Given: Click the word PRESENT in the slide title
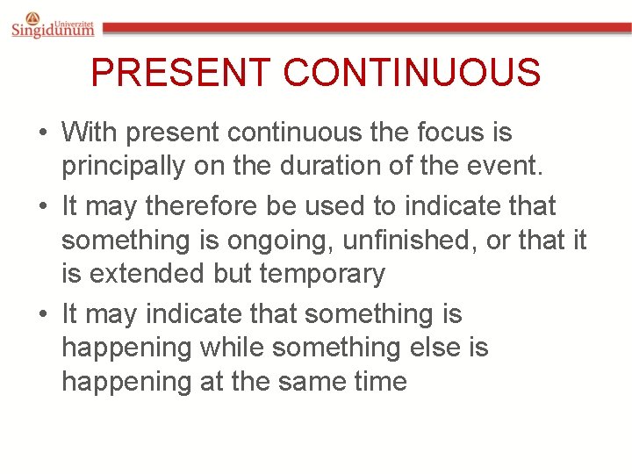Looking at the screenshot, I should point(181,73).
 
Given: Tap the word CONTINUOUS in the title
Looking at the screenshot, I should point(412,73).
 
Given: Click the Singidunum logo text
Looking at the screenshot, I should point(53,30).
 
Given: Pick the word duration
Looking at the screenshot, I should point(327,166).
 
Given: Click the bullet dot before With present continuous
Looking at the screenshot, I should point(42,134).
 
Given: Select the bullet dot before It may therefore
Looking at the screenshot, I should point(42,207).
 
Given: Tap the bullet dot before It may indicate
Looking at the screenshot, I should point(42,314).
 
